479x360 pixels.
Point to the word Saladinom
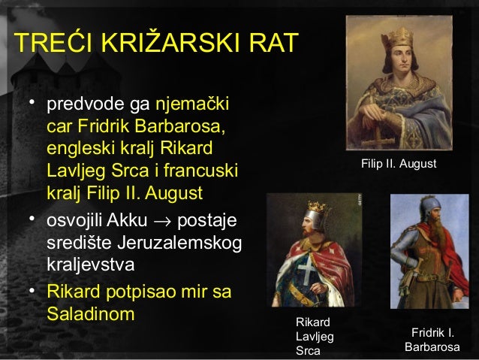[x=90, y=313]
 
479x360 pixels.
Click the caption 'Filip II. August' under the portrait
[x=399, y=162]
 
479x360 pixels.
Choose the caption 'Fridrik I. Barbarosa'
[x=432, y=340]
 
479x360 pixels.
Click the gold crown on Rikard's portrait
[x=318, y=206]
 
